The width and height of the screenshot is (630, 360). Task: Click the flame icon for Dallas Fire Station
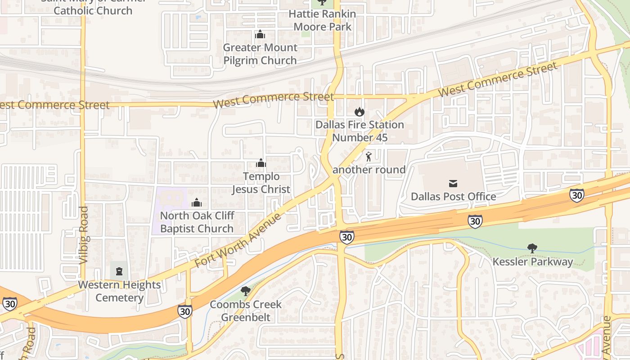359,112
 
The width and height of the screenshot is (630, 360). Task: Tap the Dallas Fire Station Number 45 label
360,131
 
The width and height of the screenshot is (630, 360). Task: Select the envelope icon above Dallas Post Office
453,184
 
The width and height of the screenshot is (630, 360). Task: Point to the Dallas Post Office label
453,197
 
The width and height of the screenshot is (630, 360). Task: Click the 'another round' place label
369,170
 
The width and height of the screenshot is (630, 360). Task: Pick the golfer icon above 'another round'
369,157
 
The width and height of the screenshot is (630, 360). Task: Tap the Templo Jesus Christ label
261,183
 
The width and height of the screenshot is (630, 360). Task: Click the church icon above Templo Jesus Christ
261,163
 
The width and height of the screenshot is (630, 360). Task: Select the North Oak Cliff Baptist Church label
197,222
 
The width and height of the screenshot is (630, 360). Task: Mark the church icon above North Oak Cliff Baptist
196,203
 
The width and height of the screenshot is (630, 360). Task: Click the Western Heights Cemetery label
119,291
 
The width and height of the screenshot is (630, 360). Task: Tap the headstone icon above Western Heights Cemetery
119,271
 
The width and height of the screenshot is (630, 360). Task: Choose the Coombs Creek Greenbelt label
246,310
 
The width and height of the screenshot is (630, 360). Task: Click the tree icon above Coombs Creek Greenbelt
245,291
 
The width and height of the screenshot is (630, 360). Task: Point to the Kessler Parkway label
533,261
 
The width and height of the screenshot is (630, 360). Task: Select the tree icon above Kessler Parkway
532,248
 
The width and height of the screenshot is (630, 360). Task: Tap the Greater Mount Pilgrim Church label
260,54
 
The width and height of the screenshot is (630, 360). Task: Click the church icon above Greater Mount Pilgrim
260,34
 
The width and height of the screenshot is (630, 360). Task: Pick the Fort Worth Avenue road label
238,241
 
